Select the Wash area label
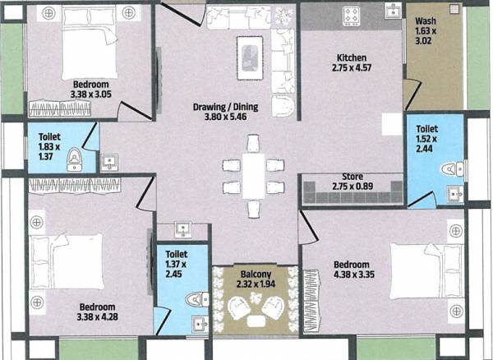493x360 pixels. pyautogui.click(x=426, y=21)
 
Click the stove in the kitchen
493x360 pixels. pyautogui.click(x=353, y=15)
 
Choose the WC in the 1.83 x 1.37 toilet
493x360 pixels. pyautogui.click(x=75, y=158)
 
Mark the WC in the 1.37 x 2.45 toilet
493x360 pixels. pyautogui.click(x=196, y=300)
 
